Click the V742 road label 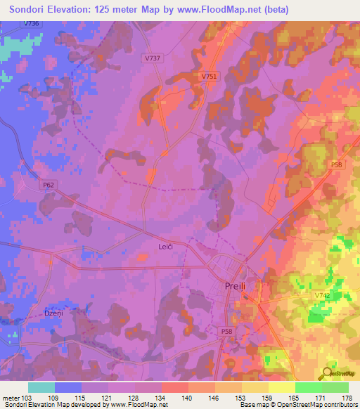(x=323, y=297)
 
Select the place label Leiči (x=165, y=247)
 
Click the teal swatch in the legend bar (x=41, y=387)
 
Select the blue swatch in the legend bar (x=68, y=387)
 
